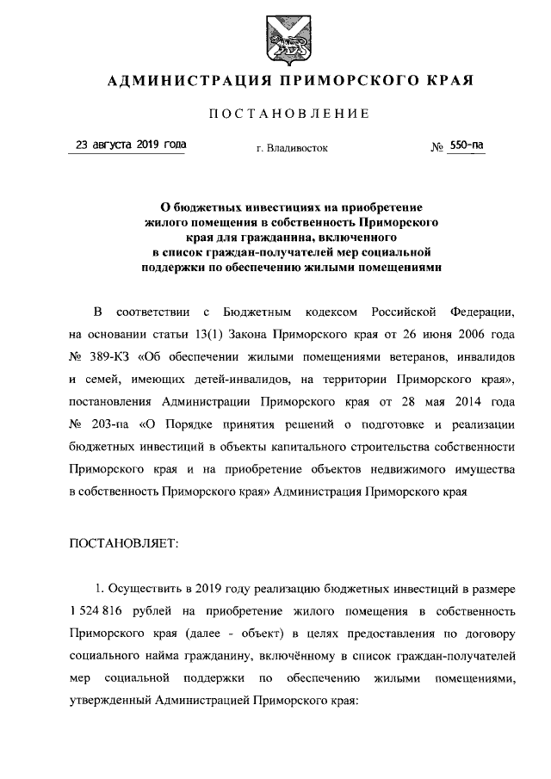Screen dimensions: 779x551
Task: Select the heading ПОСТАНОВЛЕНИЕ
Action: click(288, 114)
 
